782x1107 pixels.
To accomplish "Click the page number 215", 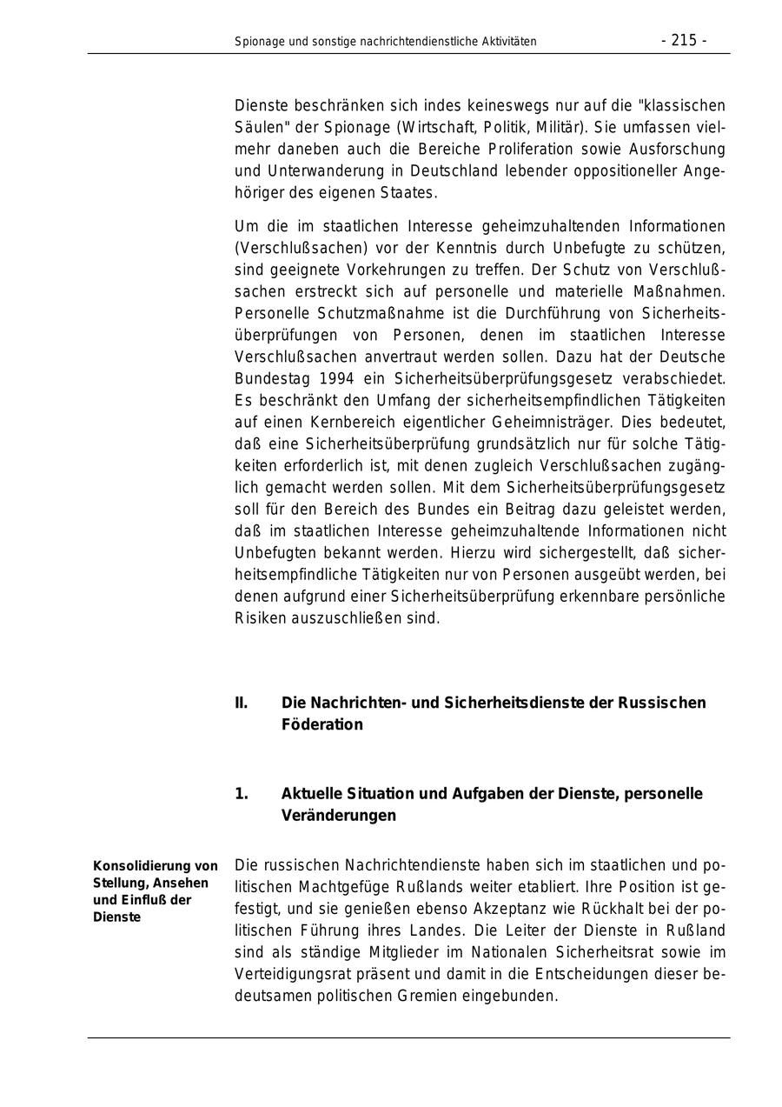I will point(684,40).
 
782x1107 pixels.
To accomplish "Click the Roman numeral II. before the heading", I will point(241,702).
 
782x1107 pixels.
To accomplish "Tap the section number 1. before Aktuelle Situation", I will point(241,793).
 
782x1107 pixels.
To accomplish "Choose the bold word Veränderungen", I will point(338,815).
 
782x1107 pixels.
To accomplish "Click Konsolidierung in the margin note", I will point(142,865).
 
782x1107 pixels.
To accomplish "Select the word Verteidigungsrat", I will point(288,974).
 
